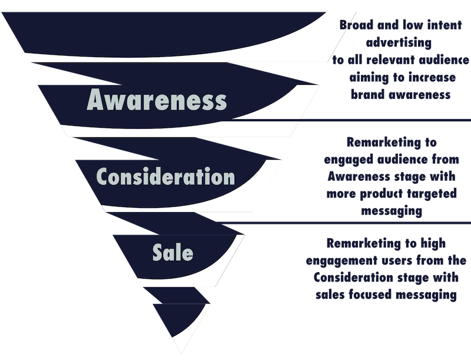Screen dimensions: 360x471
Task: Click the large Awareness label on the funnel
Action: pyautogui.click(x=157, y=101)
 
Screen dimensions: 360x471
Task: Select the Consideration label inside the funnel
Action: pyautogui.click(x=165, y=176)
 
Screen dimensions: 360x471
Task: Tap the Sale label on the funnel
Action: pyautogui.click(x=173, y=252)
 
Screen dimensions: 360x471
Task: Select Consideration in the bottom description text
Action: pyautogui.click(x=364, y=278)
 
